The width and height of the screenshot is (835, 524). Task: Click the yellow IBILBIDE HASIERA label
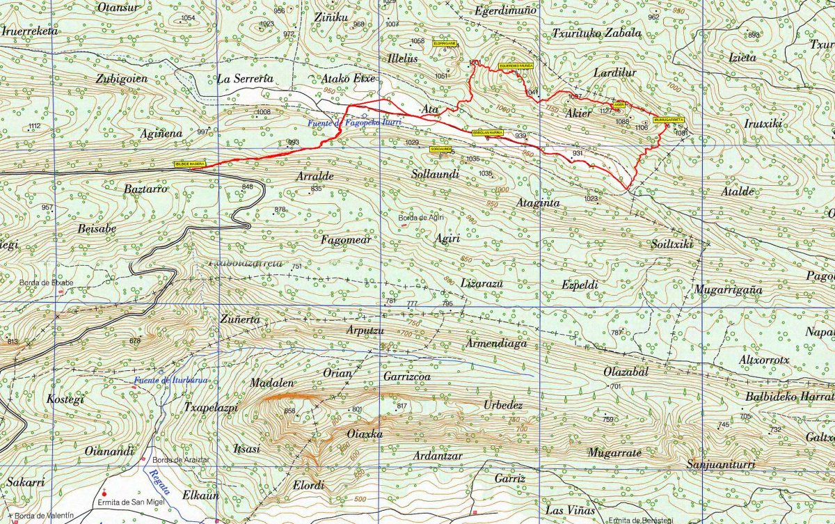click(x=189, y=164)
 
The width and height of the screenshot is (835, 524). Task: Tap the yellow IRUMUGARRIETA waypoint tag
click(x=669, y=120)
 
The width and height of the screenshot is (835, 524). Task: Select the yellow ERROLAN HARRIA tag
click(x=487, y=132)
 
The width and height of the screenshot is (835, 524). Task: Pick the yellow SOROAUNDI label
click(x=440, y=149)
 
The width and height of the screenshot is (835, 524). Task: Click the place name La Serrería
click(x=244, y=79)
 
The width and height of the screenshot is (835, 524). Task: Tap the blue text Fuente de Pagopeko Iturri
click(x=355, y=122)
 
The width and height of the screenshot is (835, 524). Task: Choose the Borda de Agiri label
click(x=421, y=219)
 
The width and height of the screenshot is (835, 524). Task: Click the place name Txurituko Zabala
click(x=596, y=33)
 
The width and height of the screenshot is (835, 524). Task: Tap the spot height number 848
click(x=248, y=186)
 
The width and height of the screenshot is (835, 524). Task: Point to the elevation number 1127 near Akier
click(x=605, y=111)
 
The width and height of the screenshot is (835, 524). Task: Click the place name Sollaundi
click(x=435, y=175)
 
